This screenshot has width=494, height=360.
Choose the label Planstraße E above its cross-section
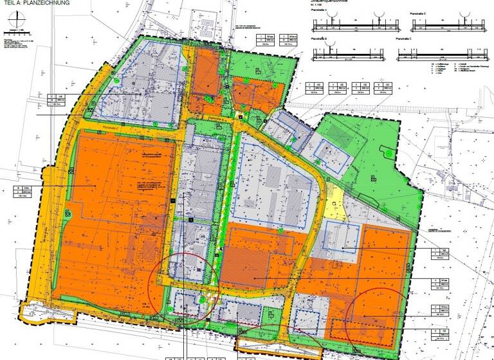tap(405, 39)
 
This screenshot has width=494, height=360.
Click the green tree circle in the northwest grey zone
tap(116, 82)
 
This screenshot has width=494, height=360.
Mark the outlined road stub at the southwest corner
tap(38, 313)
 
